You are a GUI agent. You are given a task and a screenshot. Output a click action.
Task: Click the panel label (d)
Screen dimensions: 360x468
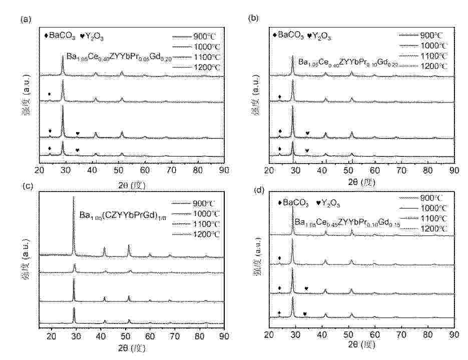(257, 188)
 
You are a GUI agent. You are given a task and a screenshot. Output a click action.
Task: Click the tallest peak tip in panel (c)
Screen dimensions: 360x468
(74, 197)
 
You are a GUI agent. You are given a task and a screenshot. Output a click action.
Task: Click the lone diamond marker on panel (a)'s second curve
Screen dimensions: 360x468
(49, 94)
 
